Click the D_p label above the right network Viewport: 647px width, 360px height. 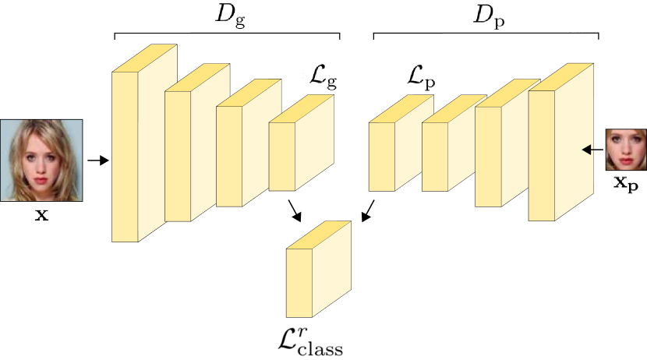[x=490, y=17]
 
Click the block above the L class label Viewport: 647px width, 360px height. [x=318, y=272]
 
